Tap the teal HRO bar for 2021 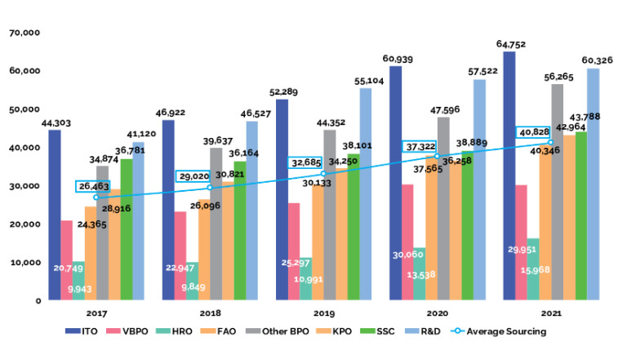click(533, 269)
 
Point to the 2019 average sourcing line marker click(324, 174)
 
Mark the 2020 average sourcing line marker click(438, 156)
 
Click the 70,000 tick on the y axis click(25, 33)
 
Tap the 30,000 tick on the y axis click(25, 186)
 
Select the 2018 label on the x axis click(210, 313)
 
